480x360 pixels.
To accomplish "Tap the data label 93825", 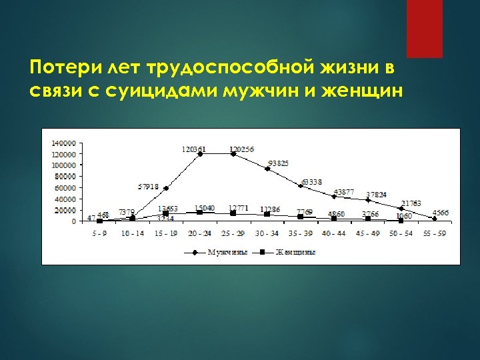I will pyautogui.click(x=279, y=163).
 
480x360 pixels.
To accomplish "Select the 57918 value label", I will pyautogui.click(x=149, y=186).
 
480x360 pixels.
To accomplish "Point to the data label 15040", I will pyautogui.click(x=205, y=208).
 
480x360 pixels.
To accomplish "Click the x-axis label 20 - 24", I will pyautogui.click(x=199, y=233).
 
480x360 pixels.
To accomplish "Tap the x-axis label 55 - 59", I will pyautogui.click(x=435, y=233).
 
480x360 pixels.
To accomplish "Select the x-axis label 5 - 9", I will pyautogui.click(x=99, y=233).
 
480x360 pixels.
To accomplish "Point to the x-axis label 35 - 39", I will pyautogui.click(x=300, y=233).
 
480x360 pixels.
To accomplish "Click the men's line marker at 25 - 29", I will pyautogui.click(x=233, y=154).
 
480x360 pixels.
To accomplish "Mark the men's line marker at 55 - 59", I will pyautogui.click(x=435, y=218).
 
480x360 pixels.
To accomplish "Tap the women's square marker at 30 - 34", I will pyautogui.click(x=267, y=214).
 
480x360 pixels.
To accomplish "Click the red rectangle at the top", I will pyautogui.click(x=425, y=28).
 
